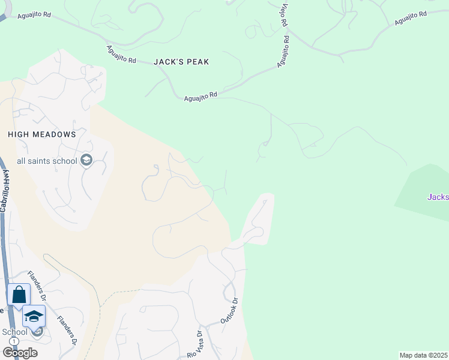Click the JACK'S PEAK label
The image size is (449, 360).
[x=181, y=62]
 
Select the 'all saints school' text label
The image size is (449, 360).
[x=47, y=161]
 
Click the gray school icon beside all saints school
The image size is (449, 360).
[x=86, y=160]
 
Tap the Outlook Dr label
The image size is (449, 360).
[x=230, y=311]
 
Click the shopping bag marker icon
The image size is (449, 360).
[x=19, y=295]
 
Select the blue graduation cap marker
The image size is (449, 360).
[x=34, y=316]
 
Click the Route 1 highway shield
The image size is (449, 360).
[x=13, y=341]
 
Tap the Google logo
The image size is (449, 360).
[x=20, y=352]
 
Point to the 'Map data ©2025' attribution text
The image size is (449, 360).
[x=423, y=355]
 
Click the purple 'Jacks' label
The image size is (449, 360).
[x=438, y=196]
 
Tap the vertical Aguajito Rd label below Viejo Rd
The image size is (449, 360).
[x=284, y=51]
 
